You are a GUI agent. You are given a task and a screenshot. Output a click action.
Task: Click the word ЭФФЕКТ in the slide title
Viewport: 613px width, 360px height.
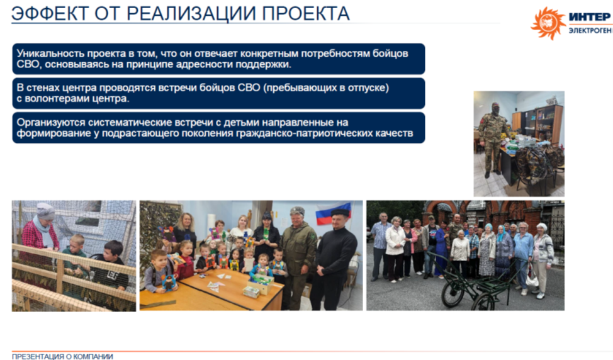[x=50, y=14]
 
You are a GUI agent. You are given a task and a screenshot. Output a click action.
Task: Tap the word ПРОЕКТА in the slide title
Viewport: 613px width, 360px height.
[x=306, y=14]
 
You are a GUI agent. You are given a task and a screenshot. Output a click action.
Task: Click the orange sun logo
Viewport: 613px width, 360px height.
[x=548, y=23]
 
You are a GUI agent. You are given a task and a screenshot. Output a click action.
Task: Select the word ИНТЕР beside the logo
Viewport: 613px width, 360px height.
[x=590, y=17]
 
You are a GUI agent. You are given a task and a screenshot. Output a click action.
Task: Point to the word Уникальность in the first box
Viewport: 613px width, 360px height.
[x=50, y=53]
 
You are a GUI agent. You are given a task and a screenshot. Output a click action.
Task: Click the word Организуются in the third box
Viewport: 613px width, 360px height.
[x=51, y=123]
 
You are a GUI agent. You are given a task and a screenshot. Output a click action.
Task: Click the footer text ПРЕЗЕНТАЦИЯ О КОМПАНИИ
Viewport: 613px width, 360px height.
[x=62, y=356]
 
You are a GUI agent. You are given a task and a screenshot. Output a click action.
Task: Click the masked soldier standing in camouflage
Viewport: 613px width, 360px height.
[x=493, y=138]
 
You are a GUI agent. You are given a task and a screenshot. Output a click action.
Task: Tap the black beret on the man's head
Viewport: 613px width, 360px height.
[x=340, y=213]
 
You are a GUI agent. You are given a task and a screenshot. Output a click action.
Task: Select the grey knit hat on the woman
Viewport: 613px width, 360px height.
[x=45, y=211]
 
